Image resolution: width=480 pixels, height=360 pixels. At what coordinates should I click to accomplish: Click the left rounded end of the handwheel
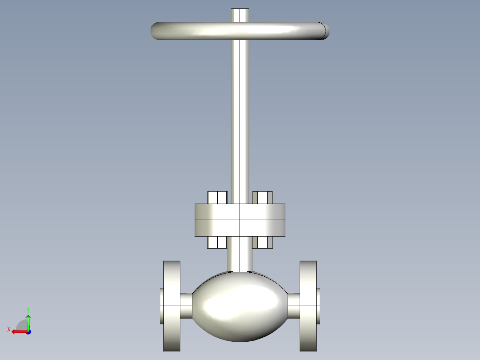click(x=157, y=31)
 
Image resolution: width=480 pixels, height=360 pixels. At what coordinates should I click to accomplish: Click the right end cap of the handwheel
click(x=325, y=30)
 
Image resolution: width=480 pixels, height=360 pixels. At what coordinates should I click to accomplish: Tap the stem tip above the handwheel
click(x=240, y=14)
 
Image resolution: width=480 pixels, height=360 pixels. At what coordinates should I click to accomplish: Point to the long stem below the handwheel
click(x=240, y=120)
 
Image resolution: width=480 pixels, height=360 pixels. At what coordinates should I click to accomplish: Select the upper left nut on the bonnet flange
click(x=217, y=197)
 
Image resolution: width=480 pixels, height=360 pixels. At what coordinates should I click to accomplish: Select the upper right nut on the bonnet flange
click(x=263, y=197)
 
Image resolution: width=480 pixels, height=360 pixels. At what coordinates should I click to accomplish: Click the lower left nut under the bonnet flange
click(x=217, y=242)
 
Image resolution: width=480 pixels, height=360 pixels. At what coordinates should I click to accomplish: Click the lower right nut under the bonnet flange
click(x=263, y=242)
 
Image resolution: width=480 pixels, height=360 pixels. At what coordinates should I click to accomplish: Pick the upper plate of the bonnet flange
click(x=240, y=212)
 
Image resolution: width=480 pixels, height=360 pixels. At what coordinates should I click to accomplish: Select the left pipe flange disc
click(x=172, y=306)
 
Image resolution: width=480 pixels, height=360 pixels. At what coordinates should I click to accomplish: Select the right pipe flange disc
click(x=308, y=306)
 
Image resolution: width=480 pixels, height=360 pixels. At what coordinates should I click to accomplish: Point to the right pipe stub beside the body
click(x=293, y=306)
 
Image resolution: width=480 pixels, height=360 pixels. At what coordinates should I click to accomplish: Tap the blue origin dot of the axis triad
click(x=28, y=331)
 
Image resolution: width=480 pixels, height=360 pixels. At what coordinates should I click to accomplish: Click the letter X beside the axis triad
click(x=8, y=329)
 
